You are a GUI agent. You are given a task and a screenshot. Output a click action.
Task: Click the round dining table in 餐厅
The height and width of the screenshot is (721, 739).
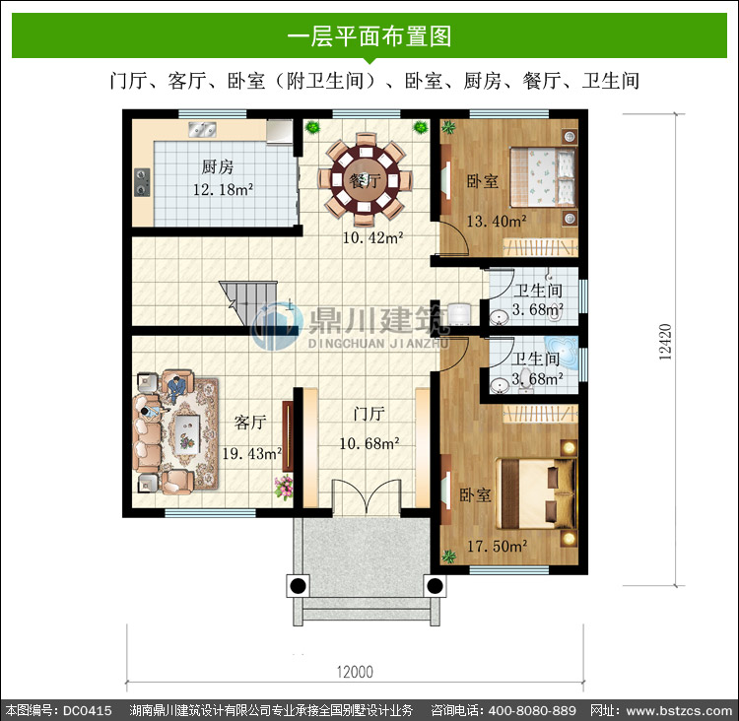365,179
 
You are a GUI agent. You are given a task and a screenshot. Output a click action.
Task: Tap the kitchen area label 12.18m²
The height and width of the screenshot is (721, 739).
223,189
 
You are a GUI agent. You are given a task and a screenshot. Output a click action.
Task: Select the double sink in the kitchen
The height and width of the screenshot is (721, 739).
202,129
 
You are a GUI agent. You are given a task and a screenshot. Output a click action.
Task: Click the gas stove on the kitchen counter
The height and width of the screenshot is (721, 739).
142,182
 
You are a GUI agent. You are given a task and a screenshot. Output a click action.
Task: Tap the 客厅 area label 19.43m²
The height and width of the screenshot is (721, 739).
252,454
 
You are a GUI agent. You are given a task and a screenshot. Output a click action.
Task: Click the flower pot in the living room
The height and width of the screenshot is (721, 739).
284,488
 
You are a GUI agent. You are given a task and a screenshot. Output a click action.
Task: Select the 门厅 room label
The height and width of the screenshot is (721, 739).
369,415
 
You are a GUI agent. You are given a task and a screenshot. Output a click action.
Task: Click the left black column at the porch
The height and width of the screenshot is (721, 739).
298,586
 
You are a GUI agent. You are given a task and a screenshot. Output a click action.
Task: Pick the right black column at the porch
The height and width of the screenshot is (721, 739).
435,586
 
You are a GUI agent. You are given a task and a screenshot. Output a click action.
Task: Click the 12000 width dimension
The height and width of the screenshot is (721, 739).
355,672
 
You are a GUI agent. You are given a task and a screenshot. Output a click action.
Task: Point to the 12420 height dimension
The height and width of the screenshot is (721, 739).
665,342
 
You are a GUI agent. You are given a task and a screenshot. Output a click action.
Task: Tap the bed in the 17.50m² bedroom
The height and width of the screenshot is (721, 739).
537,493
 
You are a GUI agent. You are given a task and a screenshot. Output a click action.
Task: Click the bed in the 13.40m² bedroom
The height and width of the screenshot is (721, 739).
543,177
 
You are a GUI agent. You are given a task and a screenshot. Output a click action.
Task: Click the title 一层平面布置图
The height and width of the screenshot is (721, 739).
369,36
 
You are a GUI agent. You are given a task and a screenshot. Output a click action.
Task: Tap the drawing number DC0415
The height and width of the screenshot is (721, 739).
87,710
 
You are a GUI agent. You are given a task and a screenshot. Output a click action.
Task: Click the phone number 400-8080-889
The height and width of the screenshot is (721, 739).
532,710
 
